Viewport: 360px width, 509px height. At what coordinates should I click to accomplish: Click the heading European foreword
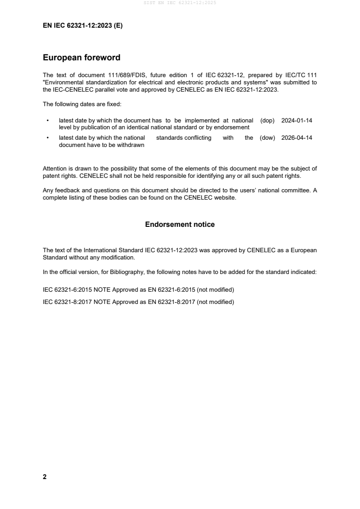(81, 58)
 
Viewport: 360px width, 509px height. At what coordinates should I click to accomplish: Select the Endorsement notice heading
(180, 225)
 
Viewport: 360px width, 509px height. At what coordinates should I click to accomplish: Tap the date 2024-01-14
(297, 121)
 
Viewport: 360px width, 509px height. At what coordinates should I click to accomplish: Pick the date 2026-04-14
(297, 138)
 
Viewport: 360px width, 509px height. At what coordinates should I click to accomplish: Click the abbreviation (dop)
(268, 121)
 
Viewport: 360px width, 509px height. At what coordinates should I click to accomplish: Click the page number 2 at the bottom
(44, 477)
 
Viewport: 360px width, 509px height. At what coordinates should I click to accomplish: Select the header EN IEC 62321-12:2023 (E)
(83, 26)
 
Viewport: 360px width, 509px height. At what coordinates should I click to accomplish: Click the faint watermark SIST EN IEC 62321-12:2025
(180, 3)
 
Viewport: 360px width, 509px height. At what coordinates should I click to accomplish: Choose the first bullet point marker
(48, 121)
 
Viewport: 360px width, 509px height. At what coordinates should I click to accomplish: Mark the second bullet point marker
(48, 138)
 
